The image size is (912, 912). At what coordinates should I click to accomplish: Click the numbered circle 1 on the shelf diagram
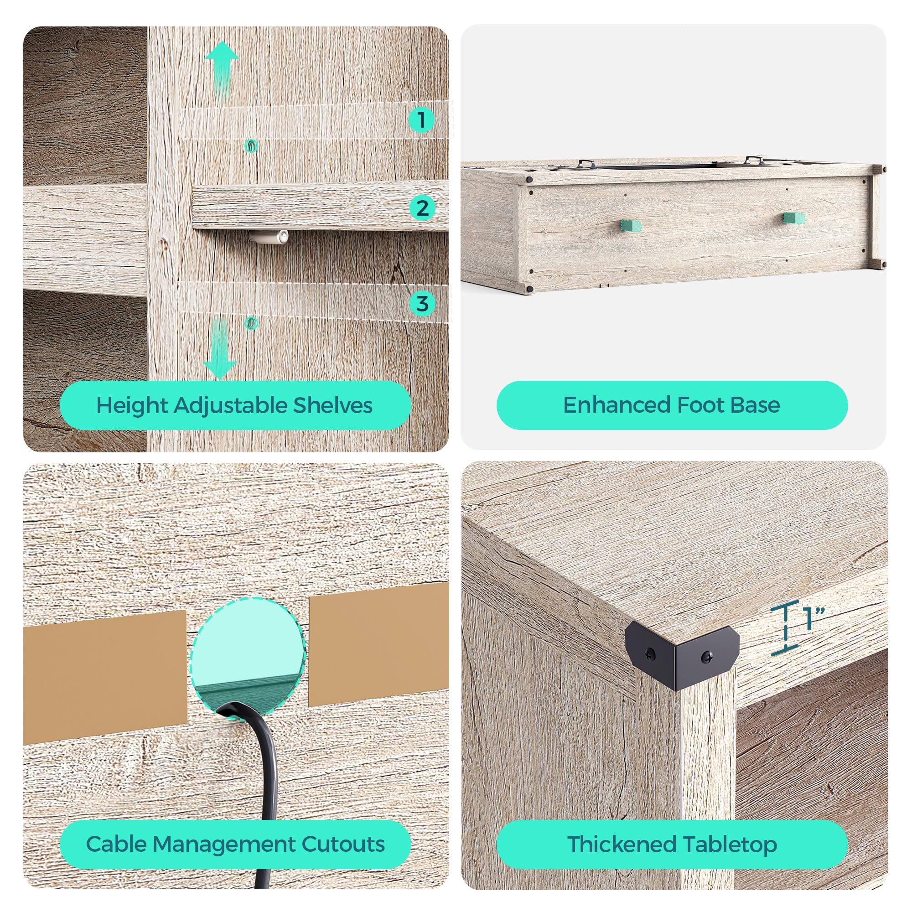click(421, 119)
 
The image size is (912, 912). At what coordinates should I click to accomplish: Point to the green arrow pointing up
click(222, 68)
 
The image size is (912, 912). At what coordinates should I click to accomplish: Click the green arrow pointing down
click(220, 348)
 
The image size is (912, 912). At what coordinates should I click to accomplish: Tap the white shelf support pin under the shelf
click(268, 237)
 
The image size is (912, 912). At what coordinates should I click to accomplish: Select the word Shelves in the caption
click(333, 405)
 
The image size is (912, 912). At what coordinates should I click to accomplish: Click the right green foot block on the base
click(794, 218)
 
